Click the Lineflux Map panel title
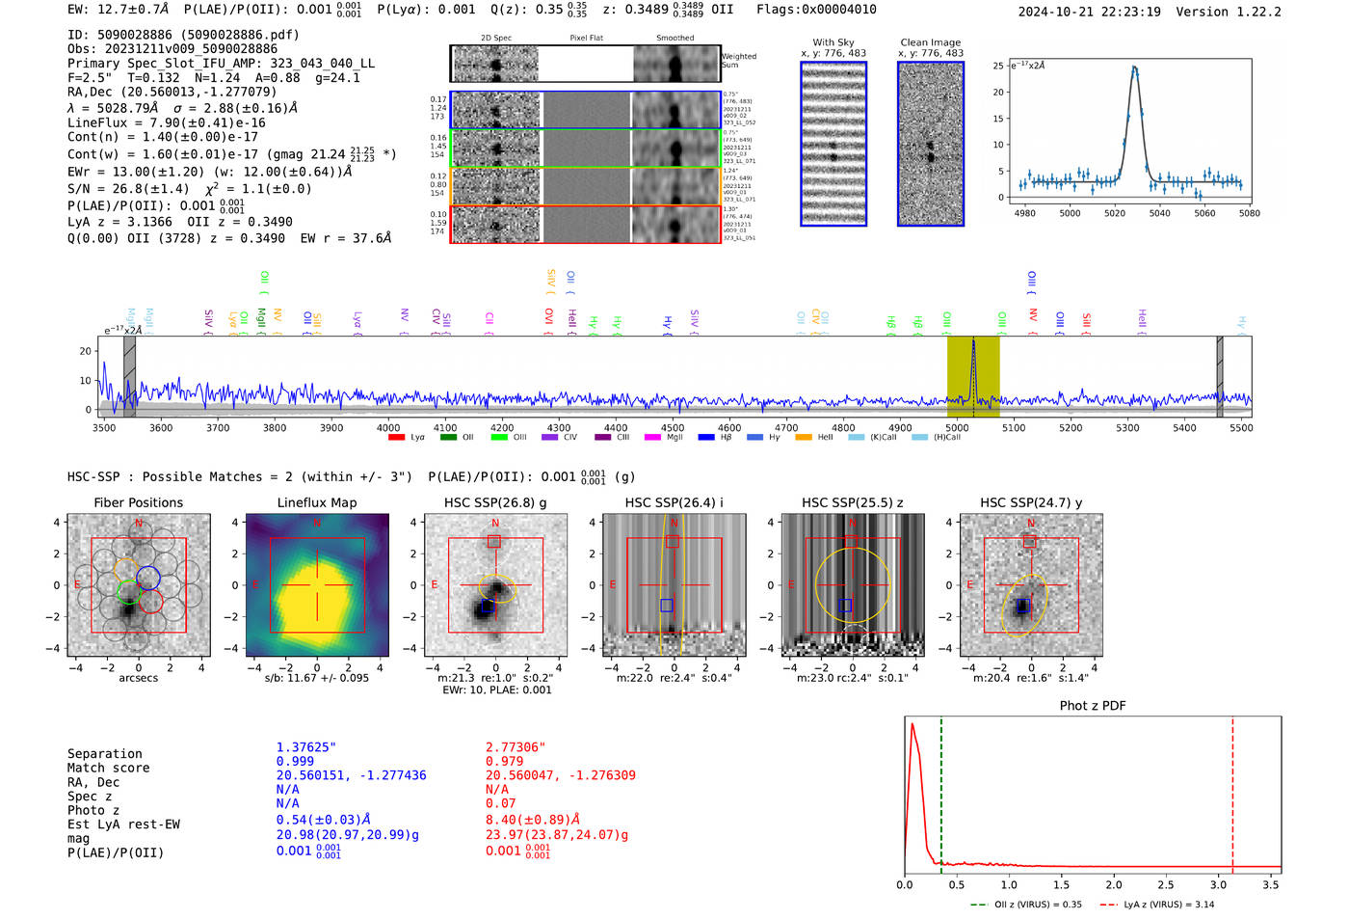coord(316,502)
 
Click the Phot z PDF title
coord(1093,706)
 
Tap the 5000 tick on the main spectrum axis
coord(957,428)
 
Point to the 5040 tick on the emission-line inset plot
coord(1159,213)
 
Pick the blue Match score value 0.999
coord(295,762)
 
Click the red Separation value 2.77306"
coord(516,747)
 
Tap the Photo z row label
coord(93,810)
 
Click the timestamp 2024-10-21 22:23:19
coord(1089,12)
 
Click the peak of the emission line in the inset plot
coord(1134,68)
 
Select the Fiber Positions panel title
coord(138,502)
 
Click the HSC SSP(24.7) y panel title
coord(1031,502)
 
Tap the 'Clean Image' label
coord(930,42)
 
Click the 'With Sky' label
coord(833,42)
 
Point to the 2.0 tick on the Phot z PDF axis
coord(1113,884)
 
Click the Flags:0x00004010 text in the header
coord(816,10)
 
